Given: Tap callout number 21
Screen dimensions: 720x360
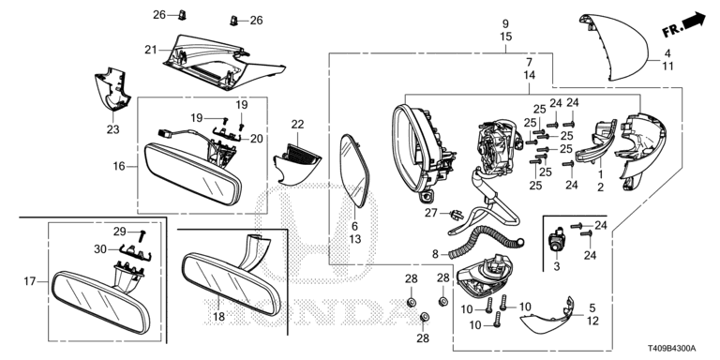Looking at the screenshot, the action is tap(151, 50).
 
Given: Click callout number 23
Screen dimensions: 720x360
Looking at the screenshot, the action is tap(112, 129).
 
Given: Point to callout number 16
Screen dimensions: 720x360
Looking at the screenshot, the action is tap(119, 166).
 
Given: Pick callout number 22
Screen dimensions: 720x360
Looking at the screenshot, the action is tap(297, 124).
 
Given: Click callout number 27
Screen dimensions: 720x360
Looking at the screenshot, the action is tap(431, 213).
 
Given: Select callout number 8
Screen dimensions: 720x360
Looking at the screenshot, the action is tap(435, 254).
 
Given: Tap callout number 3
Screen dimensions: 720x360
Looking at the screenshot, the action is tap(557, 266).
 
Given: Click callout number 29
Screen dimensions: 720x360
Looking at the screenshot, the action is tap(119, 232).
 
